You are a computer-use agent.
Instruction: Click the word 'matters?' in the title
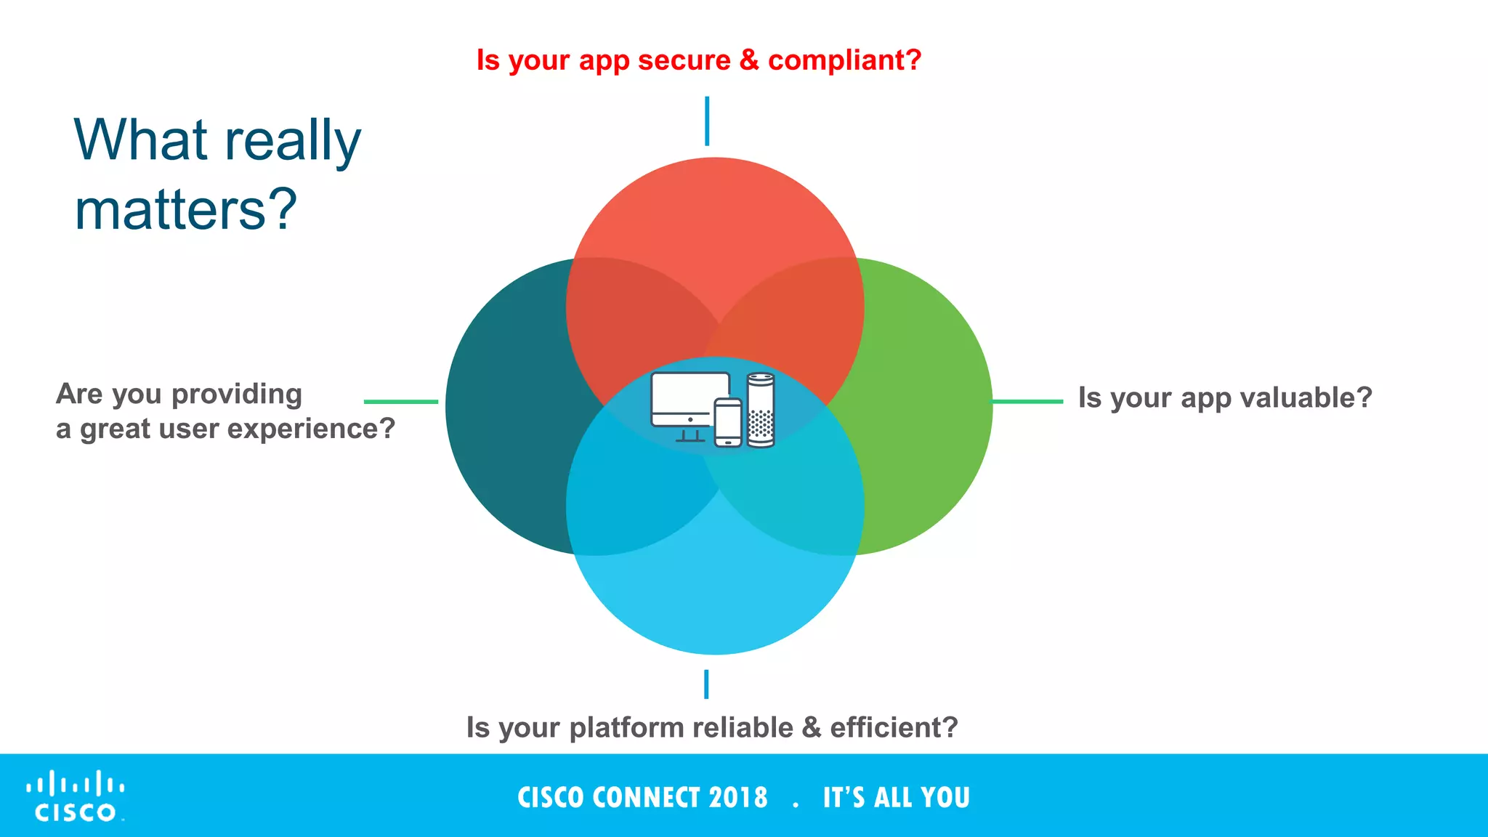click(186, 209)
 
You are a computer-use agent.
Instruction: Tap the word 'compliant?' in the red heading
click(844, 60)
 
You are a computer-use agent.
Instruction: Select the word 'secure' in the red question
click(684, 60)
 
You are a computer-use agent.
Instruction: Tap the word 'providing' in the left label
click(237, 395)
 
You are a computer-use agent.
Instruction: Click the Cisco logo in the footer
click(76, 796)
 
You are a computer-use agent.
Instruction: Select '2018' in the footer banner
click(738, 798)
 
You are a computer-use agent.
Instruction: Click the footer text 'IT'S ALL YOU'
click(896, 798)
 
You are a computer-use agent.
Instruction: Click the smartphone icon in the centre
click(728, 422)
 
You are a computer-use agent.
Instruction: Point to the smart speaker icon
click(761, 410)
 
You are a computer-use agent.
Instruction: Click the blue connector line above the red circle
click(707, 121)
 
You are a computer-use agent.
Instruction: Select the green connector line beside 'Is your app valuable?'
click(1027, 401)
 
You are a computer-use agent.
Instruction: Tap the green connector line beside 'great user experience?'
click(401, 401)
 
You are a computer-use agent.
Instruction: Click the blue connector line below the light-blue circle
click(706, 684)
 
